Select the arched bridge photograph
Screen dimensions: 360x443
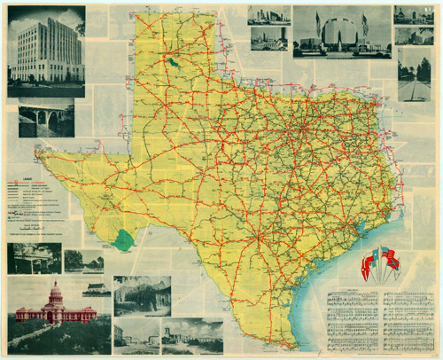(x=46, y=117)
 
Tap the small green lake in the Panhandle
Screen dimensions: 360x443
(x=172, y=63)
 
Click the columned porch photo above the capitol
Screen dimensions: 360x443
(x=34, y=258)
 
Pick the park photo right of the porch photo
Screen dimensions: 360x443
(x=84, y=261)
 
